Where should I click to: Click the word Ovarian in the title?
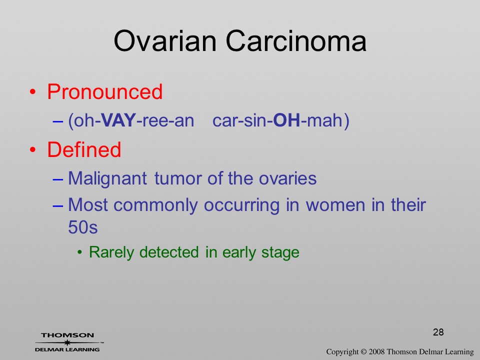click(x=165, y=41)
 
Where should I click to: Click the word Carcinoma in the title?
click(x=296, y=41)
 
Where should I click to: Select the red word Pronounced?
click(x=104, y=91)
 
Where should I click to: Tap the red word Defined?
click(x=84, y=149)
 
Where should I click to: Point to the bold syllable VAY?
click(x=118, y=120)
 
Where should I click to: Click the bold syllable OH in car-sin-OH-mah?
click(x=286, y=120)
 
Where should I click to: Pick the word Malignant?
click(x=107, y=178)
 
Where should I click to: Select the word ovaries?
click(x=288, y=178)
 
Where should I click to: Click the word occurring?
click(x=242, y=205)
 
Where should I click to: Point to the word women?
click(x=335, y=205)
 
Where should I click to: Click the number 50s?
click(x=83, y=227)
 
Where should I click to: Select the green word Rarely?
click(x=111, y=253)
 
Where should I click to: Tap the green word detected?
click(x=169, y=252)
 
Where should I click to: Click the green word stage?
click(x=280, y=253)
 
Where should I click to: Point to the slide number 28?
click(x=438, y=332)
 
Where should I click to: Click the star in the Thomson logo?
click(x=67, y=342)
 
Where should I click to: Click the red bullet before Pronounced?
click(x=33, y=92)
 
